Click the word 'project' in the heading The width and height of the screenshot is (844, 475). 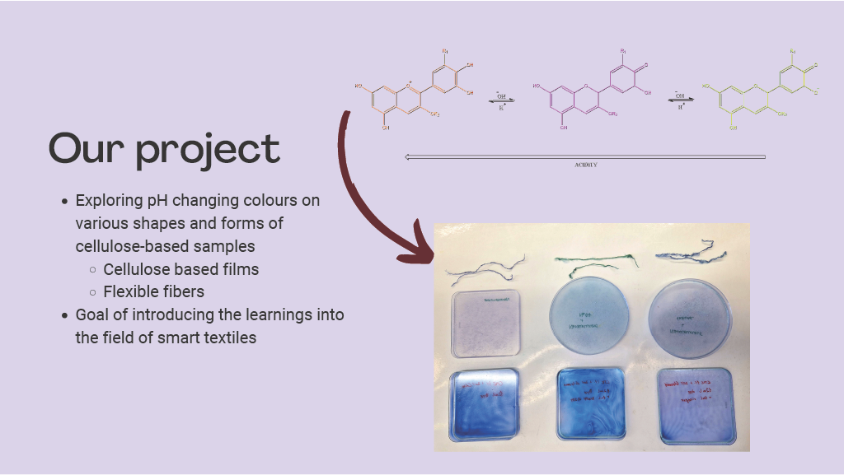click(209, 150)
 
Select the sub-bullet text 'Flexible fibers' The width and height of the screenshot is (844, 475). click(153, 291)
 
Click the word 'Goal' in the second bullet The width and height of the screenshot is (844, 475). click(92, 314)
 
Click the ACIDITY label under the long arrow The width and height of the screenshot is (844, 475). click(585, 165)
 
